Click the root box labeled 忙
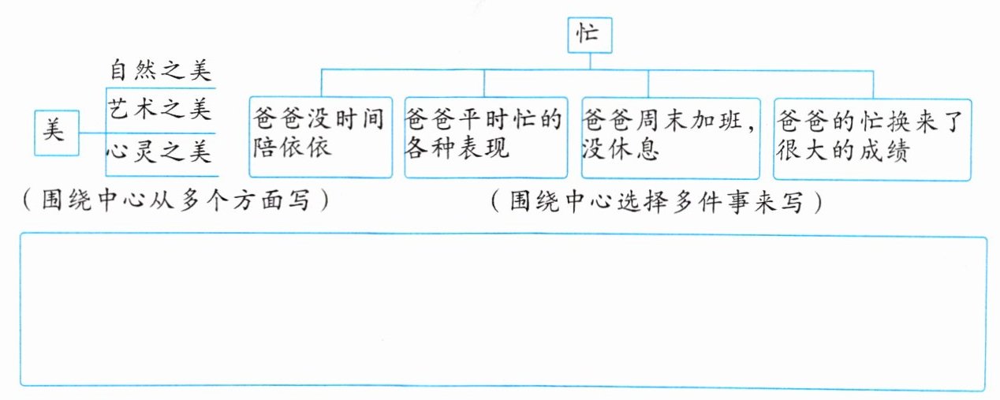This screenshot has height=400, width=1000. [x=589, y=36]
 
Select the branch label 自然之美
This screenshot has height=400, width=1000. [x=160, y=73]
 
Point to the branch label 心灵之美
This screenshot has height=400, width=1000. [x=160, y=150]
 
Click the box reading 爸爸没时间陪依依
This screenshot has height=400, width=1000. [x=319, y=136]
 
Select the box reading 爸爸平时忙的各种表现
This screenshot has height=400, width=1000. [x=484, y=136]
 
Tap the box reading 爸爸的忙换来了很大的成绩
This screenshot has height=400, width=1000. [x=871, y=136]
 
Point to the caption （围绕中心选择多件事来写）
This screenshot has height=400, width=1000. [x=656, y=203]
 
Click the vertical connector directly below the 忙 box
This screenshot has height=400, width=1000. [x=589, y=62]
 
